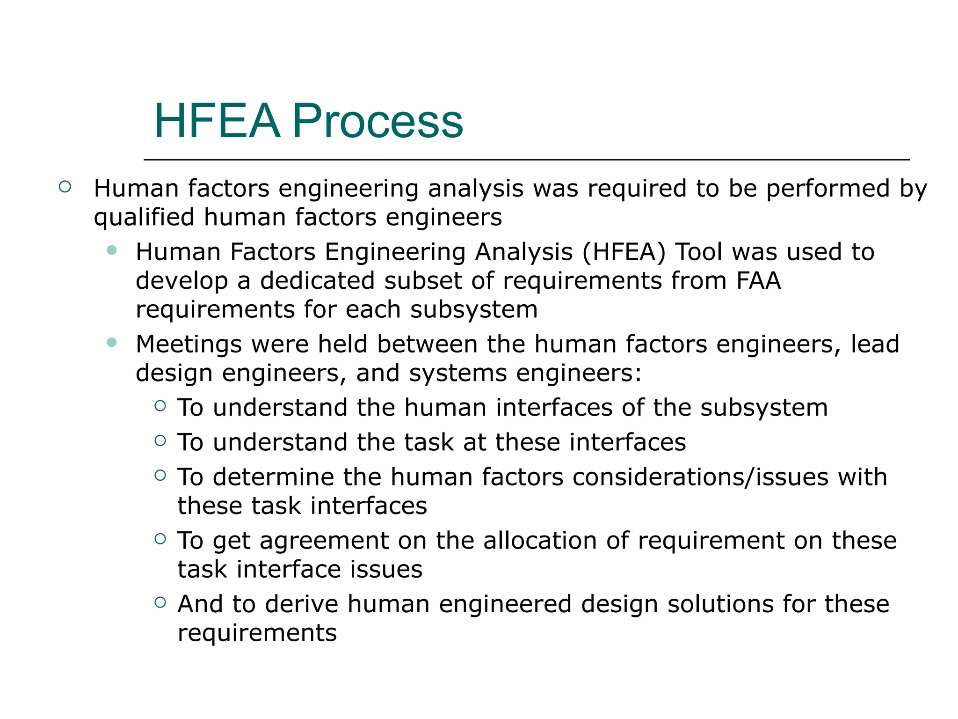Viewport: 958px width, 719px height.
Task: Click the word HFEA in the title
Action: (x=217, y=121)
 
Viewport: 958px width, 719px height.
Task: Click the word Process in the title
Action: (x=377, y=121)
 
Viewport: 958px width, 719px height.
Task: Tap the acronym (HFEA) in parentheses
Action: (x=624, y=252)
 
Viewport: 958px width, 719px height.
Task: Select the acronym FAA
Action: (x=758, y=281)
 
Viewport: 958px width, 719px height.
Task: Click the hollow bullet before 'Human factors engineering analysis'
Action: (x=65, y=187)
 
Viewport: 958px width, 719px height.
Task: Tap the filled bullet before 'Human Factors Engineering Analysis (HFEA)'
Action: (x=111, y=250)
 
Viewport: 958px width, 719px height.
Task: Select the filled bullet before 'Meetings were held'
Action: (x=111, y=343)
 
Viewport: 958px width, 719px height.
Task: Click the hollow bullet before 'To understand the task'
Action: (x=160, y=440)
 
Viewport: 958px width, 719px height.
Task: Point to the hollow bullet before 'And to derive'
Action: (x=160, y=602)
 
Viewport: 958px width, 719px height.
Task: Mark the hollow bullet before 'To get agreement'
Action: (x=160, y=539)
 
